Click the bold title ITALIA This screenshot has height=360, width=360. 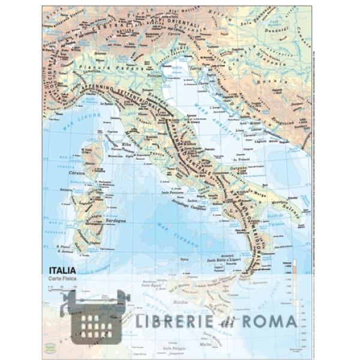click(62, 271)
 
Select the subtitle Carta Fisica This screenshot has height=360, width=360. click(63, 280)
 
